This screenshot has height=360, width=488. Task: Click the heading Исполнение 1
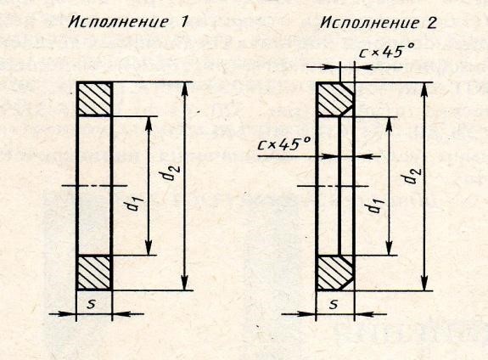click(128, 22)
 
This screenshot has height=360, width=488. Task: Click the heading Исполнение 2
click(379, 23)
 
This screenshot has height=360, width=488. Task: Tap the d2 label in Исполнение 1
click(172, 172)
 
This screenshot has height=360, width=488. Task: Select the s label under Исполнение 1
click(91, 305)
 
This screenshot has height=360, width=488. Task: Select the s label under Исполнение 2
click(334, 305)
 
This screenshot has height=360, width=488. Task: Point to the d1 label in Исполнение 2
click(376, 205)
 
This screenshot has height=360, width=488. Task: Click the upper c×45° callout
click(386, 51)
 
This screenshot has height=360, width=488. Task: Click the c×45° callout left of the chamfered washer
click(284, 143)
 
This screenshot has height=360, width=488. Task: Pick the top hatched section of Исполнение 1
click(94, 99)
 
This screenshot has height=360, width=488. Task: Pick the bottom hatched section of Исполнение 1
click(94, 273)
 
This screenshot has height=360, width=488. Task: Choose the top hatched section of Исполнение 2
click(335, 99)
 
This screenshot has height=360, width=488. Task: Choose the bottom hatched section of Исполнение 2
click(335, 273)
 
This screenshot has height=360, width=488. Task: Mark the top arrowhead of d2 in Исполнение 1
click(185, 90)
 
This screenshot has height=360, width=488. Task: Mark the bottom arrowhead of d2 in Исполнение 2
click(424, 283)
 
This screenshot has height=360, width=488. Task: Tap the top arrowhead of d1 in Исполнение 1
click(149, 124)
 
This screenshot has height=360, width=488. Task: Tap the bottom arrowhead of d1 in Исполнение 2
click(389, 248)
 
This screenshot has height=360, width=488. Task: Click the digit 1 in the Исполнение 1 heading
click(184, 22)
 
